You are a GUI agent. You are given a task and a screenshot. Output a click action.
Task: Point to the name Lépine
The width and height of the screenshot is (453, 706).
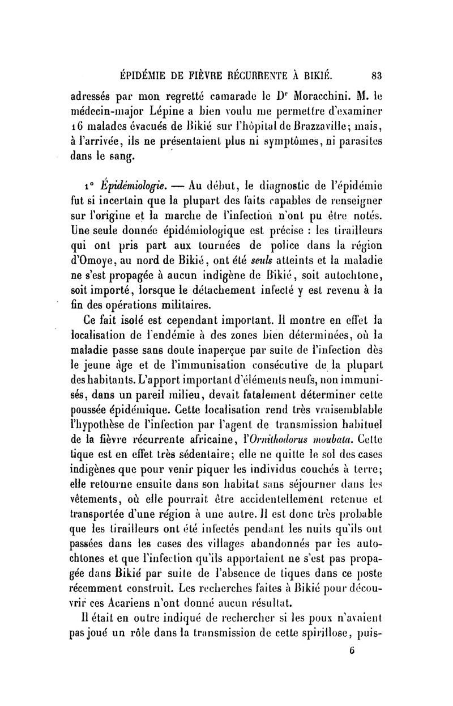(168, 108)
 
